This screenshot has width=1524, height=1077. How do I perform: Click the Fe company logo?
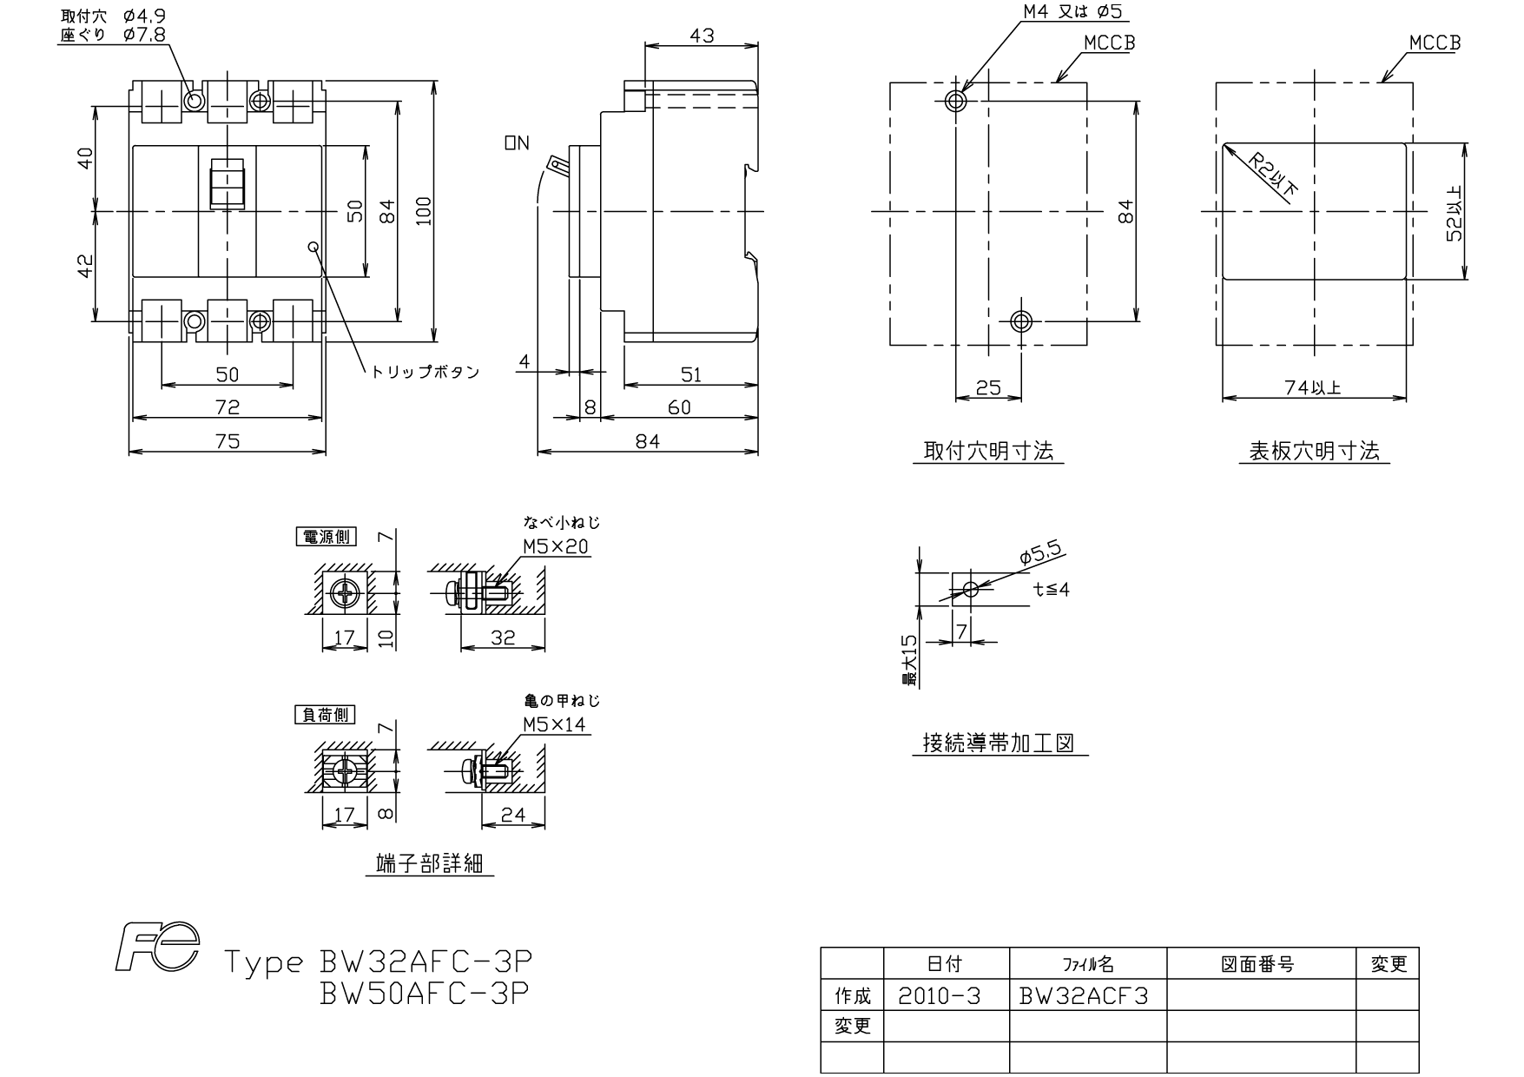[x=158, y=947]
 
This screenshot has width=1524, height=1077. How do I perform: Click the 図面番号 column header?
[x=1258, y=964]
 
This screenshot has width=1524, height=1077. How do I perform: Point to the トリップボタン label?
[x=426, y=372]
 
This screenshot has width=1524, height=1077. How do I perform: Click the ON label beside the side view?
[x=517, y=143]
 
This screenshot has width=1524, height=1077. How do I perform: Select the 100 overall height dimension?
[x=424, y=211]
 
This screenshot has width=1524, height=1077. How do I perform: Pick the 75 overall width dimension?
[x=227, y=441]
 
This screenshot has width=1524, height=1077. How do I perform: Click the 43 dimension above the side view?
[x=702, y=36]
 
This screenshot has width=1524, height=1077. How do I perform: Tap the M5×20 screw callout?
[x=556, y=546]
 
